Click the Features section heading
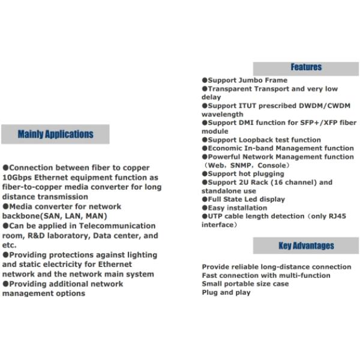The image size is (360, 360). [306, 67]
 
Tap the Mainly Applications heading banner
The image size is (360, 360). [55, 134]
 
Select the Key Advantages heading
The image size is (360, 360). [306, 245]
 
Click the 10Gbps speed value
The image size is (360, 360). [18, 178]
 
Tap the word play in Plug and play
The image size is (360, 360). [242, 293]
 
